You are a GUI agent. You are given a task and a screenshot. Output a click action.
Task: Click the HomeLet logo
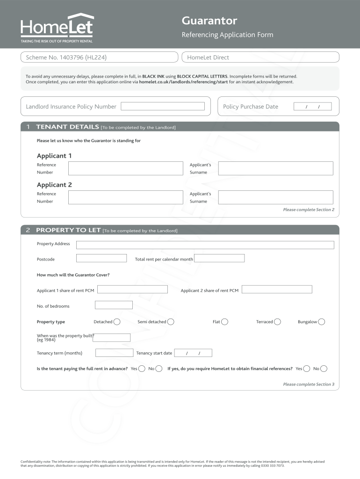(57, 28)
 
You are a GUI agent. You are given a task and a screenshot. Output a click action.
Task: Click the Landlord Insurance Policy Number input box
(163, 106)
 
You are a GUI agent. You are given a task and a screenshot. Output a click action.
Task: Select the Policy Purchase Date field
(312, 107)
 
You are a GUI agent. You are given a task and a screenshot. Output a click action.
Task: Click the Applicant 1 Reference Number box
(126, 168)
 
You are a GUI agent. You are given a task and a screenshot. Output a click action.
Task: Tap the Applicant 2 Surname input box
(275, 197)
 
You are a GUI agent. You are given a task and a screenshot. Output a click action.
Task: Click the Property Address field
(205, 245)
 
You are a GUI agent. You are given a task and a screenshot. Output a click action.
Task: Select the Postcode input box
(101, 258)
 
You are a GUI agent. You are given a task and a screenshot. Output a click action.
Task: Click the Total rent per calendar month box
(219, 258)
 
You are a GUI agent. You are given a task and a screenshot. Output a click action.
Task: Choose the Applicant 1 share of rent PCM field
(132, 290)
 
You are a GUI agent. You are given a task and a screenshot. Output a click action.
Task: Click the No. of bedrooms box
(114, 305)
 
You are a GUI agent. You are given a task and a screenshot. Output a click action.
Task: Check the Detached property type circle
(117, 321)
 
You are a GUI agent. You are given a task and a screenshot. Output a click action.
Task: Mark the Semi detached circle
(171, 321)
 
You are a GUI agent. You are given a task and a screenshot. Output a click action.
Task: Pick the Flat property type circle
(225, 321)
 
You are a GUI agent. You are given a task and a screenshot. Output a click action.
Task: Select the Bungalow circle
(321, 321)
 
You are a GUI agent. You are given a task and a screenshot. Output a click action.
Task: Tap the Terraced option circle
(277, 321)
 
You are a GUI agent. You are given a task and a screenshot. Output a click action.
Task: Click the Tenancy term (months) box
(114, 353)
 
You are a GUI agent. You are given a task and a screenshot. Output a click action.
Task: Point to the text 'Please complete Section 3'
(309, 384)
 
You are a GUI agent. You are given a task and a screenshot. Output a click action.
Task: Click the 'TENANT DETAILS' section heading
(68, 127)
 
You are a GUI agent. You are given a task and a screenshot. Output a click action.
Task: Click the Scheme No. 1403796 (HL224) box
(99, 57)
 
